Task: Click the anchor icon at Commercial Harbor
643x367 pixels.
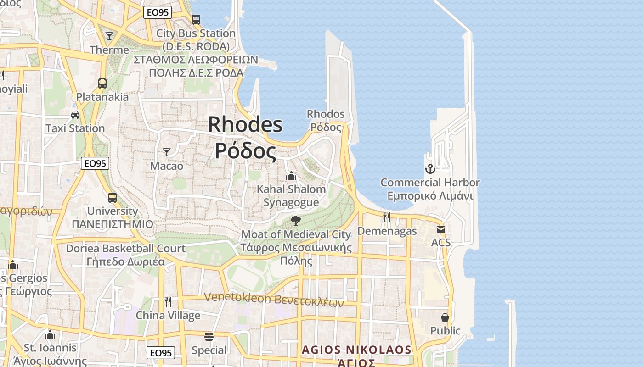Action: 430,169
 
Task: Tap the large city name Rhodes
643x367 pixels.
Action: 245,125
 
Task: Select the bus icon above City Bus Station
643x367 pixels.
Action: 196,20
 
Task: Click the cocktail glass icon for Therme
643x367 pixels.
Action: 109,36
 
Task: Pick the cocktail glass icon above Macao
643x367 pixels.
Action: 167,152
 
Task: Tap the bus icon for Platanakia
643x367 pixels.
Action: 102,83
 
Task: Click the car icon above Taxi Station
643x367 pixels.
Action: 75,115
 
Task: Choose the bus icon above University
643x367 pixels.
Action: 113,198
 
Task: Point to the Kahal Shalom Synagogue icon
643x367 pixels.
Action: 291,176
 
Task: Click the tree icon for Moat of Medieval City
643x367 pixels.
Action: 296,221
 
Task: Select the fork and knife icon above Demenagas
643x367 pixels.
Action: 387,217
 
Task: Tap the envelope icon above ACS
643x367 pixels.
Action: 441,229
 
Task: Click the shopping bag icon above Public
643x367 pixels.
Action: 445,317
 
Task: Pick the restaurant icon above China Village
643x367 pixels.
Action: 168,302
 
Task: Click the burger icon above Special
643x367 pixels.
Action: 209,337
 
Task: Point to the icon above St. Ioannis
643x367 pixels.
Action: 50,334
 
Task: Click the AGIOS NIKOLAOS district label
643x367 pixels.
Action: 356,350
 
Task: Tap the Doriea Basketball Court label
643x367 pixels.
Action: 125,249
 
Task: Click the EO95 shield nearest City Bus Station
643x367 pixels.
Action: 158,12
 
